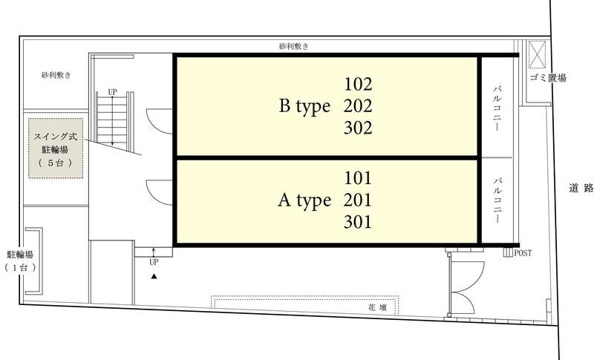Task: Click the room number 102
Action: (x=358, y=84)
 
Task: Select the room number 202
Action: (x=358, y=106)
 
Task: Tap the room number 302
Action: (x=358, y=128)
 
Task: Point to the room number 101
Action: (x=358, y=178)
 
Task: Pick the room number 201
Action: (x=358, y=200)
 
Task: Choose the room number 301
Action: (x=358, y=222)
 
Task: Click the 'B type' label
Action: (x=304, y=106)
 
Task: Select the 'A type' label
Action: (x=304, y=200)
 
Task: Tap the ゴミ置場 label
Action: (x=548, y=78)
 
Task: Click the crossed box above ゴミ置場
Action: (x=537, y=54)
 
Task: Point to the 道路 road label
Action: (x=581, y=188)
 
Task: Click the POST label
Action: (x=523, y=253)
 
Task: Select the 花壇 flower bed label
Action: (x=378, y=307)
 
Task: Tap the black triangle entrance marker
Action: (x=154, y=276)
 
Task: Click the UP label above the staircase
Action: (x=113, y=92)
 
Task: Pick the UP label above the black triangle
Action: (x=154, y=262)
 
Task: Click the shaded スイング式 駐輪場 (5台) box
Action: (x=56, y=148)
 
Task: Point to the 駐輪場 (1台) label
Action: (x=21, y=261)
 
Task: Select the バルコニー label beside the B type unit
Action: (x=497, y=108)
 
